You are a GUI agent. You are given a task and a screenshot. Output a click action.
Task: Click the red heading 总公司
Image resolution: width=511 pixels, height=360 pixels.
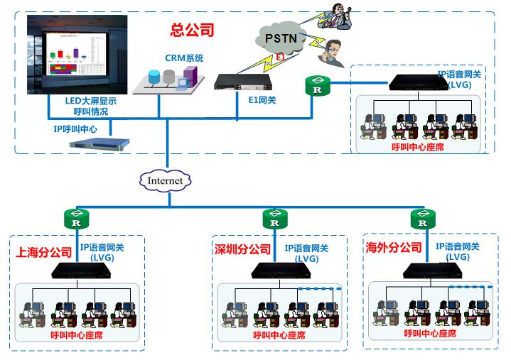click(192, 31)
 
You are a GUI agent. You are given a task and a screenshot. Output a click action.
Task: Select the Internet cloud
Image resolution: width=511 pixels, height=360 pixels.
click(165, 181)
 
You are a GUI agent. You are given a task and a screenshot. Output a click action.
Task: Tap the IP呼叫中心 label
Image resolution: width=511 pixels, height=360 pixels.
click(75, 129)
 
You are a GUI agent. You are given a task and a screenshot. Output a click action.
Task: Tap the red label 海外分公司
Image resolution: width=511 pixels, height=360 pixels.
click(393, 248)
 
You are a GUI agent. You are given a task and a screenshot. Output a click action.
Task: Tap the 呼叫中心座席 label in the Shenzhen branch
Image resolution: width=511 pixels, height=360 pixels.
click(278, 334)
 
